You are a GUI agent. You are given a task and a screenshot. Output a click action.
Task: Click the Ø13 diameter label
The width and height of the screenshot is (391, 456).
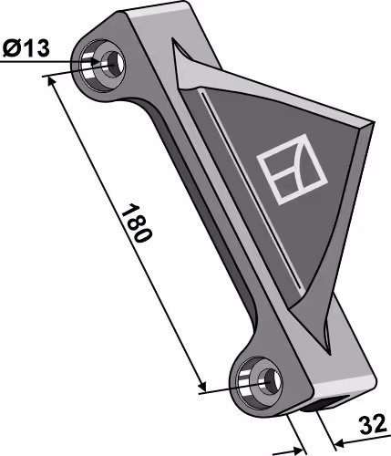tap(26, 48)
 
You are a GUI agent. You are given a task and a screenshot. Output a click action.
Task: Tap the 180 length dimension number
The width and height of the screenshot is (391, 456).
tap(136, 223)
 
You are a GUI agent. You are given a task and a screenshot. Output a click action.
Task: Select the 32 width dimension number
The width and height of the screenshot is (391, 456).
tap(373, 425)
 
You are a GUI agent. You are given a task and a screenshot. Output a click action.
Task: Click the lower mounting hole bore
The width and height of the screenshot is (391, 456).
tap(270, 381)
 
